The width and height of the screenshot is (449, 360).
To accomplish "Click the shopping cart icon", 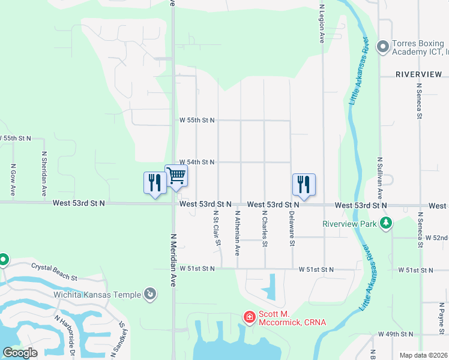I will (x=176, y=176).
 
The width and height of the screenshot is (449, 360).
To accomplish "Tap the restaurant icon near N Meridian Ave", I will (x=155, y=182).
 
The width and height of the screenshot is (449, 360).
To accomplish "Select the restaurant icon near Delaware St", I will (x=304, y=184).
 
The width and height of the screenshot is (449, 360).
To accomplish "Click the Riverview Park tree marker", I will (x=385, y=224).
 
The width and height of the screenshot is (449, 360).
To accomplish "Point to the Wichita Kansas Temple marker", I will (x=150, y=294).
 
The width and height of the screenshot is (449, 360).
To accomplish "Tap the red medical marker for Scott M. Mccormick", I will (x=249, y=316).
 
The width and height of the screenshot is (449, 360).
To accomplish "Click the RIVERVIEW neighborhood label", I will (x=419, y=74).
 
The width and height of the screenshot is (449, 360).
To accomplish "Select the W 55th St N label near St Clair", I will (x=197, y=120).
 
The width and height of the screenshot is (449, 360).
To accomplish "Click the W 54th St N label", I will (x=197, y=162).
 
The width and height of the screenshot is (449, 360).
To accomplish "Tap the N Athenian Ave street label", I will (x=238, y=230).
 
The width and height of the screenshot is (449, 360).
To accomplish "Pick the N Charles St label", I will (x=264, y=229).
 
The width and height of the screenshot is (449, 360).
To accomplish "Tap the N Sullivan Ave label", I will (x=380, y=178).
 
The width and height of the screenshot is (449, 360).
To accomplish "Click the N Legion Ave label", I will (x=322, y=21).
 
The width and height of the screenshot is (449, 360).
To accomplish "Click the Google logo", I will (x=20, y=352).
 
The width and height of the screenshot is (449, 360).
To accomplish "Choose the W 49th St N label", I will (x=396, y=334).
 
